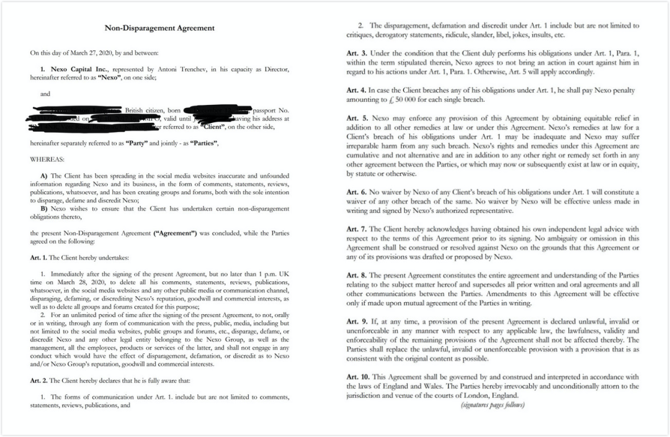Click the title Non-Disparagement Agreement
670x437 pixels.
pyautogui.click(x=159, y=28)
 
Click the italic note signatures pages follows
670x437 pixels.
pyautogui.click(x=493, y=405)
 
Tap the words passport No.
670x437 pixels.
pyautogui.click(x=272, y=110)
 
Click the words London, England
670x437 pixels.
pyautogui.click(x=488, y=395)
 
